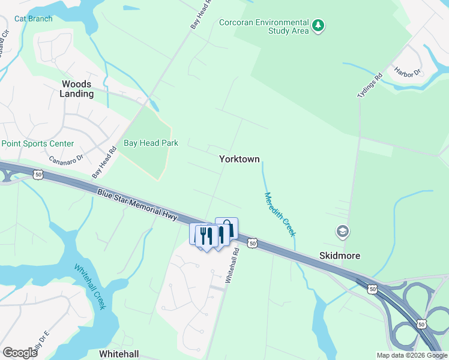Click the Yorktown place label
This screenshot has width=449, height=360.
coord(239,160)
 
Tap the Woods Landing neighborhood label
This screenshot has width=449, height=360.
coord(76,89)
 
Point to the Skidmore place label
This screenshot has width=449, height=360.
coord(340,256)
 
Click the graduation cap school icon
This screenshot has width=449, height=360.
coord(342,231)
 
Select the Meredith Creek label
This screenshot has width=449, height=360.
coord(280,213)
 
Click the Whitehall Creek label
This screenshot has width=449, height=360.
coord(90,287)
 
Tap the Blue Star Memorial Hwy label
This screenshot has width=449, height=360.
coord(137,205)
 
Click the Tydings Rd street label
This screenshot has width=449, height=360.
coord(369,86)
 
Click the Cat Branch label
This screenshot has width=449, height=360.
coord(33,19)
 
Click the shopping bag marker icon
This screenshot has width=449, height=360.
coord(227,228)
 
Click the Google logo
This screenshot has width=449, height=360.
coord(20,353)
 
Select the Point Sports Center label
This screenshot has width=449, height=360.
coord(37,143)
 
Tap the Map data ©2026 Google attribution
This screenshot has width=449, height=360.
coord(412,355)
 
